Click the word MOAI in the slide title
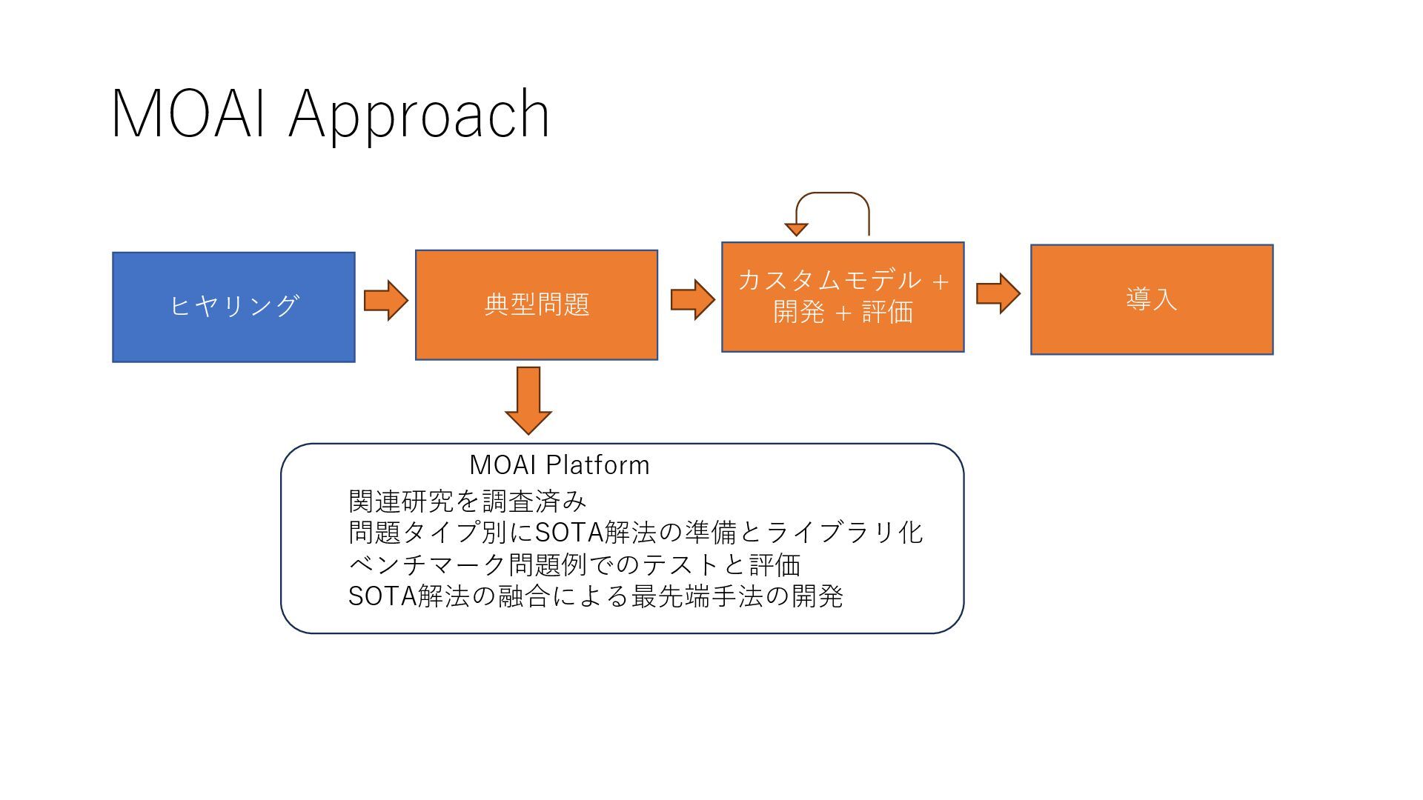[188, 114]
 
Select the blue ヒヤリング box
[233, 307]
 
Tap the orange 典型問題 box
[537, 304]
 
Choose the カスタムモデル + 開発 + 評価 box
[843, 296]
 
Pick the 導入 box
[1152, 299]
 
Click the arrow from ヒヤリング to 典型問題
[386, 301]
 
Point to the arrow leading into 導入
[998, 293]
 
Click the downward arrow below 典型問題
[528, 400]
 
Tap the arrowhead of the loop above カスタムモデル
[796, 230]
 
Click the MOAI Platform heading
[560, 465]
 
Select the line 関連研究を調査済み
[467, 501]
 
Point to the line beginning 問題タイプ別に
[635, 533]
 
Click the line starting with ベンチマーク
[574, 564]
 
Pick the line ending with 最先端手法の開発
[595, 596]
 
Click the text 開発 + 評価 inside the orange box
[843, 313]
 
